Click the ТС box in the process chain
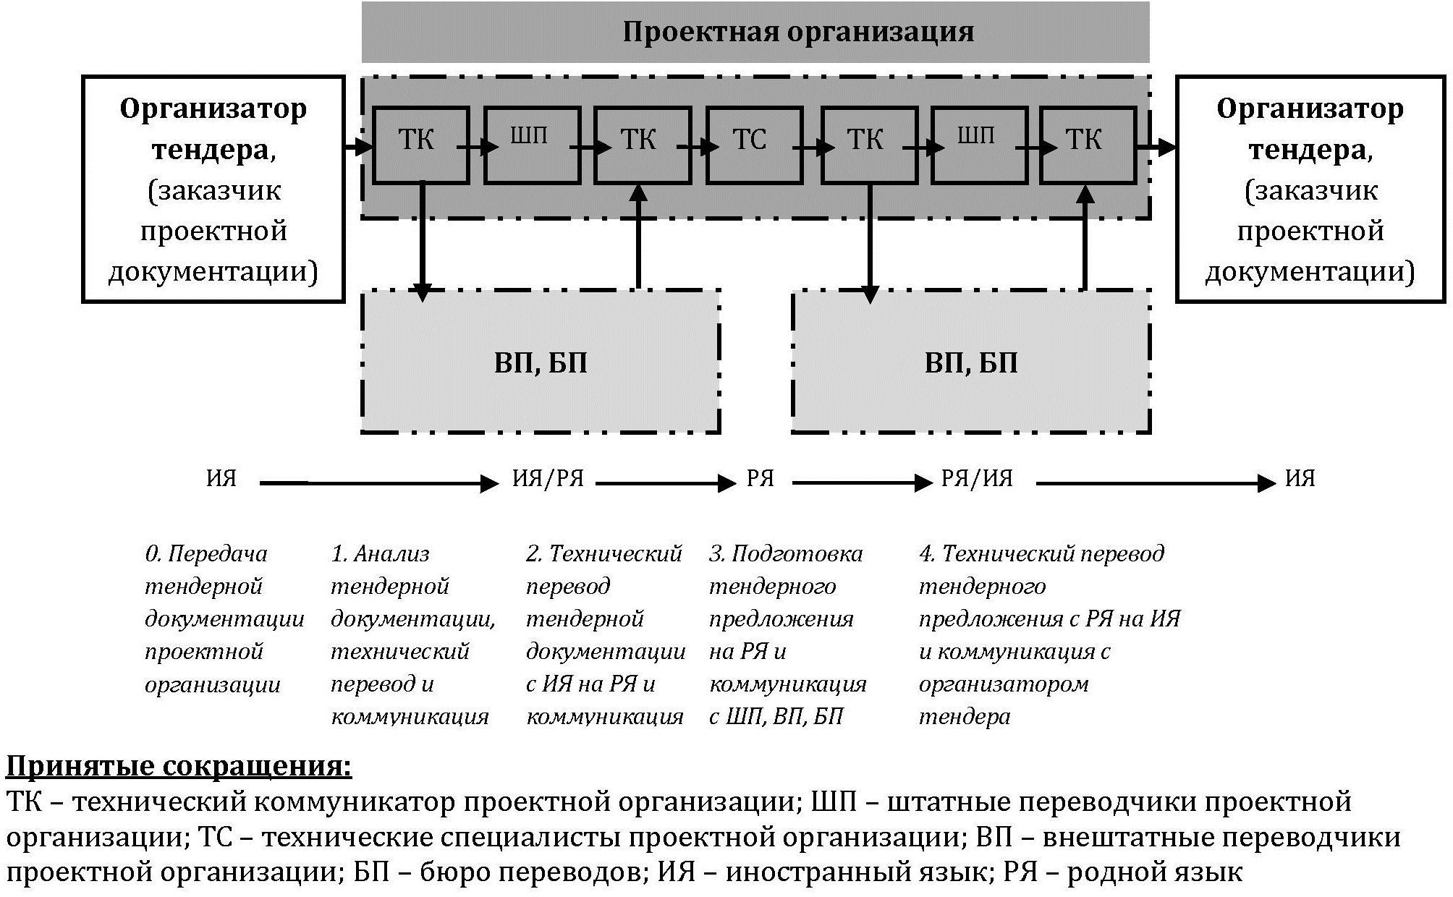coord(755,145)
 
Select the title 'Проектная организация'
coord(798,32)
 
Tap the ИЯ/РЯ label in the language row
coord(548,479)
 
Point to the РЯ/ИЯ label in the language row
coord(977,479)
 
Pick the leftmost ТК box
coord(421,145)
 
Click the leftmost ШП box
coord(532,145)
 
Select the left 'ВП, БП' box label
coord(541,362)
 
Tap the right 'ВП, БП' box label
coord(971,362)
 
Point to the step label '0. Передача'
coord(206,554)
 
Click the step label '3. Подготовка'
coord(786,554)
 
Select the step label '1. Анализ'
coord(381,554)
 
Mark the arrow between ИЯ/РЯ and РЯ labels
coord(666,482)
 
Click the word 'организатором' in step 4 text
coord(1004,684)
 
